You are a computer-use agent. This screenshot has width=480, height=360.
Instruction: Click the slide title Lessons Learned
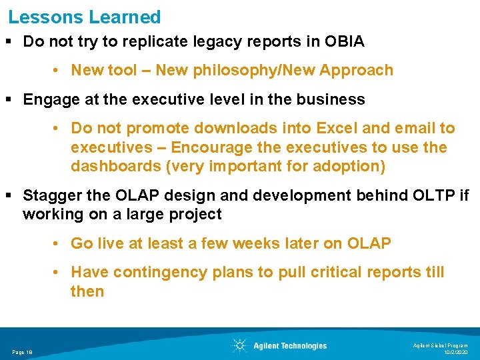85,17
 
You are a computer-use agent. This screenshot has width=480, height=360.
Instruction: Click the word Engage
48,100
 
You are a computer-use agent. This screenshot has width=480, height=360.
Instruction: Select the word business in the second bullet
334,100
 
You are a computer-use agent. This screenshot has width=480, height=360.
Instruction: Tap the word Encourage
219,147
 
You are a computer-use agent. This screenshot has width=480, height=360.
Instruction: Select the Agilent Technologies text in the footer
290,346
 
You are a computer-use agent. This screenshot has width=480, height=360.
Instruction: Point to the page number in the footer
23,351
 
